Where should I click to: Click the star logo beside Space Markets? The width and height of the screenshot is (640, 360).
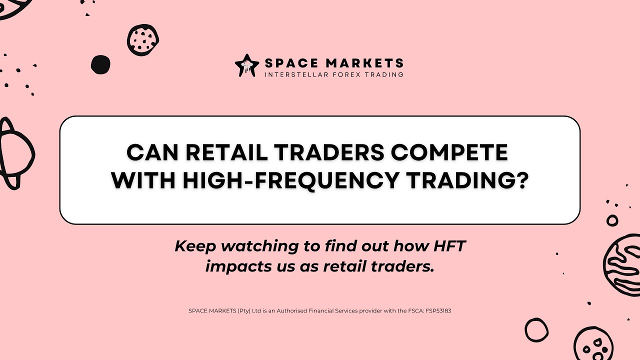click(247, 66)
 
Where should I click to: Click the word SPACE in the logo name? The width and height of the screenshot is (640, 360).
click(285, 63)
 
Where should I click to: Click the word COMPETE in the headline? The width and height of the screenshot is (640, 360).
click(449, 152)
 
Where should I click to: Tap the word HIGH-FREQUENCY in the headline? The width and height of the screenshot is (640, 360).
click(289, 180)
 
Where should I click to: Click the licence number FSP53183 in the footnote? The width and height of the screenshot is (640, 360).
click(438, 310)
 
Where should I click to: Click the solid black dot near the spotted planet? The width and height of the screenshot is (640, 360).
click(100, 64)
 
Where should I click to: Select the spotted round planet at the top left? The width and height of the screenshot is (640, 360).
click(142, 39)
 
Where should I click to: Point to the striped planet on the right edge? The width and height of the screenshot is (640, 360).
click(623, 262)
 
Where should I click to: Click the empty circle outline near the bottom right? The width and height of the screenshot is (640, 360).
click(536, 330)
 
